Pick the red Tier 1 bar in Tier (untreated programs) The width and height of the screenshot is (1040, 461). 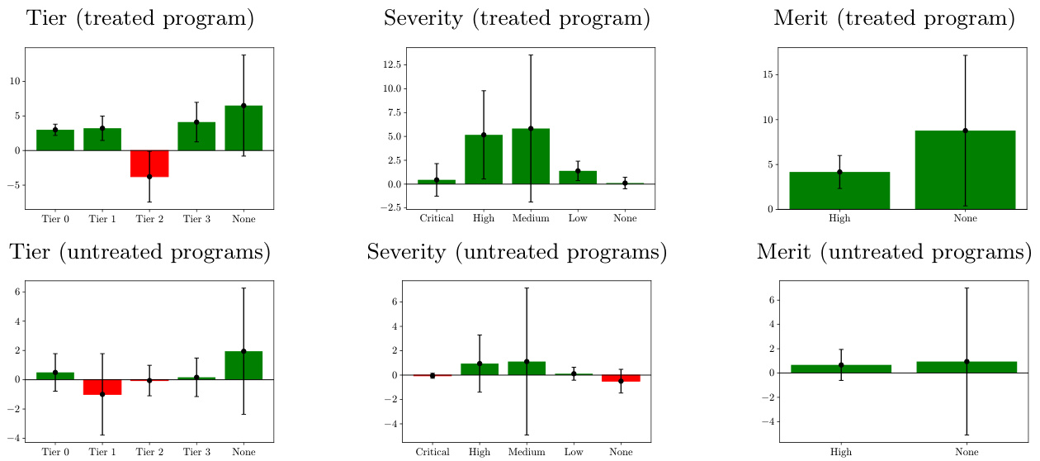coord(102,387)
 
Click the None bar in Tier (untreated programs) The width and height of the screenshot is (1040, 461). coord(243,365)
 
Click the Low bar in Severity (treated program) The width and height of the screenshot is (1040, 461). coord(578,177)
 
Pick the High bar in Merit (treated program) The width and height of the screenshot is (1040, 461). coord(839,190)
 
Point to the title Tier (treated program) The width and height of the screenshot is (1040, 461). coord(140,18)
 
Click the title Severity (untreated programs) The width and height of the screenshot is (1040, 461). coord(517,252)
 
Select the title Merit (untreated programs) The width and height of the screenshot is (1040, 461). coord(894,252)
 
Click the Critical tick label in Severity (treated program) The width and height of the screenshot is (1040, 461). coord(437,218)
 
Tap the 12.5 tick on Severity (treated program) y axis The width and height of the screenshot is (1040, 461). coord(390,64)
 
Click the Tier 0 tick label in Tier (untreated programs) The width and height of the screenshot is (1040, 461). coord(55,451)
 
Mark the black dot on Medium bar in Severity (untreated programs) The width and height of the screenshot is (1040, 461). coord(526,362)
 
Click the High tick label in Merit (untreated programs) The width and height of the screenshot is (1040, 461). coord(841,451)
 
